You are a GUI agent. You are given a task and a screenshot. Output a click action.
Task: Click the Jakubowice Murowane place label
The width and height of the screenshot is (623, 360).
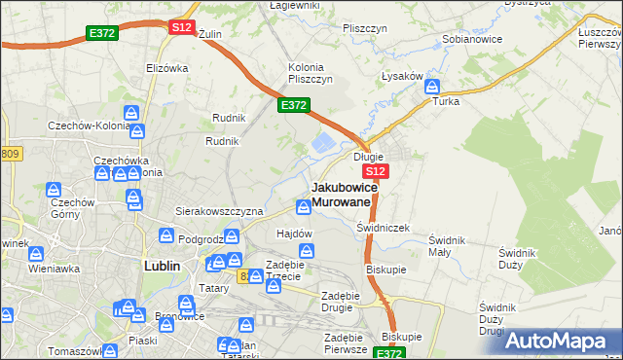[x=341, y=194]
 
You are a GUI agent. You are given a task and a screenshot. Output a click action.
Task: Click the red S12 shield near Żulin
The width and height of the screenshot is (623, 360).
[x=181, y=27]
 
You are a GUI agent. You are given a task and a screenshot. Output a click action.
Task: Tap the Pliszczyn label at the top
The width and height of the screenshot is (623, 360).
[x=366, y=28]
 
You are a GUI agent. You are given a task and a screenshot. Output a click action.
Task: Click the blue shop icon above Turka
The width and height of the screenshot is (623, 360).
[x=431, y=87]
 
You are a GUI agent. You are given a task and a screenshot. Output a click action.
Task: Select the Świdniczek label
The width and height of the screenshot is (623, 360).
[x=383, y=227]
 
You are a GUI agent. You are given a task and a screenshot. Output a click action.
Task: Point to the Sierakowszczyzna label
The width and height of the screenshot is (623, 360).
[x=219, y=210]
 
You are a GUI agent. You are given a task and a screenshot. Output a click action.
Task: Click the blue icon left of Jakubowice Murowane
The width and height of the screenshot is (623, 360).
[x=303, y=204]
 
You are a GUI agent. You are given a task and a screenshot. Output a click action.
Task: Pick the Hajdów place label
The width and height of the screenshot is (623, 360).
[x=294, y=234]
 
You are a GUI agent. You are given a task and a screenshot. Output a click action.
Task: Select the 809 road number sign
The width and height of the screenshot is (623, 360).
[x=11, y=154]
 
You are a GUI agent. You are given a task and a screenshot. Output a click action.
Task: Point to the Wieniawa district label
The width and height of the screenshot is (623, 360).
[x=53, y=267]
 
